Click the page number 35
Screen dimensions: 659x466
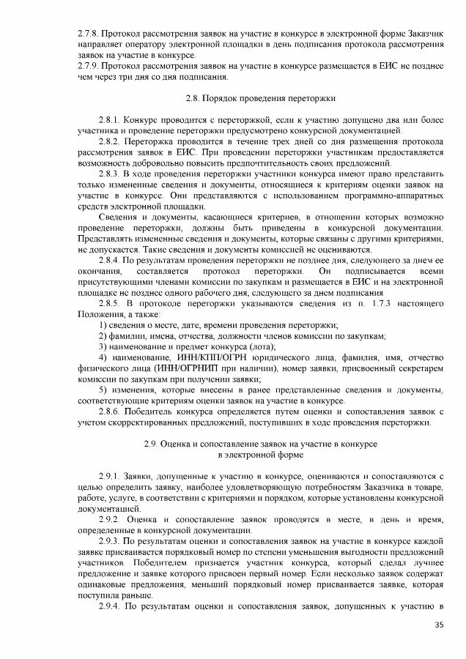tap(439, 624)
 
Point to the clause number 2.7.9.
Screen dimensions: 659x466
tap(90, 66)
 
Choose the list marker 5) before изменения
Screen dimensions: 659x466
tap(103, 390)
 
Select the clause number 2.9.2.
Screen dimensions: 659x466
tap(110, 519)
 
